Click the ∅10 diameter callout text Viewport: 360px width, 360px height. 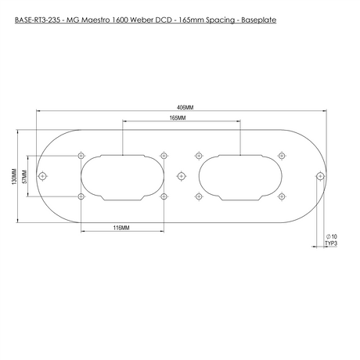pos(330,236)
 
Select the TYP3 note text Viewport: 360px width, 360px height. pos(330,243)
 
